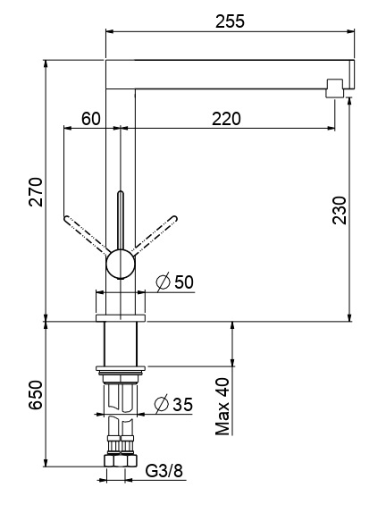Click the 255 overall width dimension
click(230, 21)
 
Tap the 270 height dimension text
click(36, 192)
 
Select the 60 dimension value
click(91, 119)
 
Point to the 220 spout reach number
click(226, 119)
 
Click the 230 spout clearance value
click(339, 210)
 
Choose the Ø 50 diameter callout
click(174, 282)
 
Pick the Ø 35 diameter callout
click(173, 404)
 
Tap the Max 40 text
click(222, 407)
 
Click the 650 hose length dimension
click(36, 394)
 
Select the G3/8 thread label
click(164, 471)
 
